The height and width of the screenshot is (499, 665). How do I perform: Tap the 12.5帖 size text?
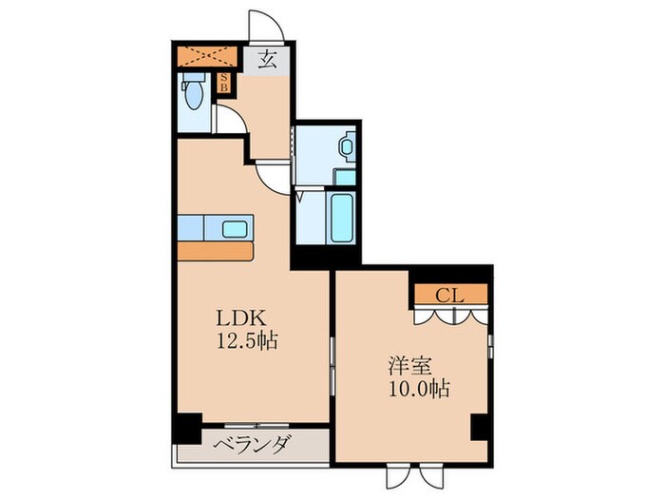coord(246,341)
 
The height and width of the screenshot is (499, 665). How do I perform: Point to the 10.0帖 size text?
coord(418,388)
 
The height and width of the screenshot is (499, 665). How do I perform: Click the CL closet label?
coord(449,295)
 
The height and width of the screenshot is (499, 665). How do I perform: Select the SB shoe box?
coord(224,84)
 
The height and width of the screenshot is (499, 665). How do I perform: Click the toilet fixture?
coord(194,95)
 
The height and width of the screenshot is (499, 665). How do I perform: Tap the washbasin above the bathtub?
coord(346,148)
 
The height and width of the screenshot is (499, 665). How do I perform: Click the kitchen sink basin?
coord(234,228)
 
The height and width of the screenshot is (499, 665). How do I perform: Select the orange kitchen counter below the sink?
coord(216,251)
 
